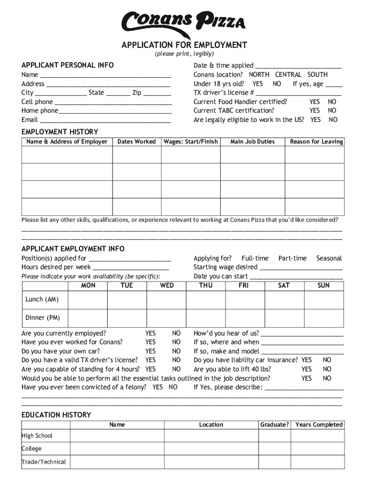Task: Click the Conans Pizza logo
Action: click(x=183, y=21)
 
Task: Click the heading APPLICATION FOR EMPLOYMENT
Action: click(x=184, y=45)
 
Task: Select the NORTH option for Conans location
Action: click(x=259, y=75)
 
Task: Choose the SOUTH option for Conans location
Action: click(x=318, y=75)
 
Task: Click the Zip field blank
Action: click(x=157, y=93)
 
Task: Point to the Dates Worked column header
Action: click(x=136, y=141)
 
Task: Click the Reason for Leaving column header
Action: click(x=316, y=141)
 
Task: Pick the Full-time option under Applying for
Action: click(x=255, y=258)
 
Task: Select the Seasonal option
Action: click(x=329, y=258)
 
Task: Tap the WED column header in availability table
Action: click(x=167, y=285)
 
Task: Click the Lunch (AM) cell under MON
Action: click(x=88, y=300)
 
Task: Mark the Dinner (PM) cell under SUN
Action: click(x=323, y=318)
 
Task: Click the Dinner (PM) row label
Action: click(x=43, y=318)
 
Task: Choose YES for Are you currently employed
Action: click(x=150, y=333)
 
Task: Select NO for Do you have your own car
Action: click(x=176, y=351)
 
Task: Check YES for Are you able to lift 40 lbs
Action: click(x=307, y=369)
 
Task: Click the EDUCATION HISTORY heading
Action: click(x=56, y=415)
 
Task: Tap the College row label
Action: click(x=31, y=449)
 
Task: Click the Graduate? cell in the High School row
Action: click(x=274, y=436)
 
